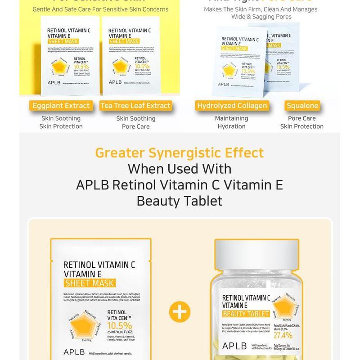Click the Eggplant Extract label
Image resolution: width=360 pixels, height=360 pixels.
[61, 106]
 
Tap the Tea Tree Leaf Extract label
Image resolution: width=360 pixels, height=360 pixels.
[135, 106]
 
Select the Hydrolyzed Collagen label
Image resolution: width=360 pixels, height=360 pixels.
[232, 106]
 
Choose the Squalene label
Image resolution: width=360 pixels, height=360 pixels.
[302, 106]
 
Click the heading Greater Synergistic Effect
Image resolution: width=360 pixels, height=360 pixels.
[180, 153]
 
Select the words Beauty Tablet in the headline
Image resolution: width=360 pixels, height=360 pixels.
[180, 201]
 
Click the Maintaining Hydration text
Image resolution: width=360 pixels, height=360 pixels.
[232, 122]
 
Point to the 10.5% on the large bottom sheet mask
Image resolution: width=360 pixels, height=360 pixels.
[120, 325]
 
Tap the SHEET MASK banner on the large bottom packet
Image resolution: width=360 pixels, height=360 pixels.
[90, 283]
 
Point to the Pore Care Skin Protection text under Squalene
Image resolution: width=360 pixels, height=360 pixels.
[302, 122]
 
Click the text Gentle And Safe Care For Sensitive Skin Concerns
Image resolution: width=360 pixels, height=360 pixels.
[100, 9]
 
